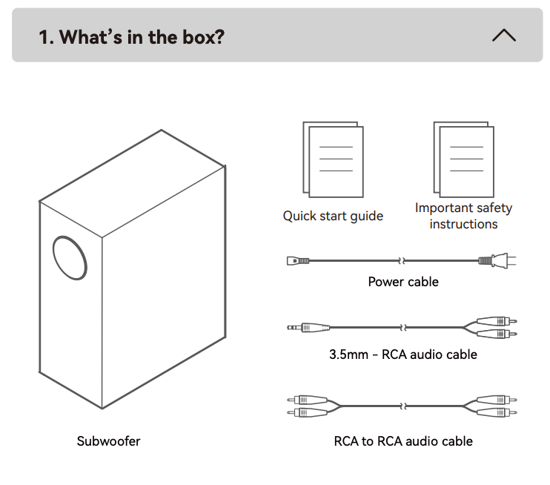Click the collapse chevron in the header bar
pyautogui.click(x=503, y=35)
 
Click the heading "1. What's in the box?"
pyautogui.click(x=131, y=36)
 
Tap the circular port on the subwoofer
pyautogui.click(x=71, y=257)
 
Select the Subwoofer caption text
pyautogui.click(x=108, y=441)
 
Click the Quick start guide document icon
pyautogui.click(x=333, y=159)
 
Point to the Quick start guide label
pyautogui.click(x=333, y=216)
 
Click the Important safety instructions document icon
pyautogui.click(x=463, y=159)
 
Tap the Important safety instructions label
pyautogui.click(x=463, y=216)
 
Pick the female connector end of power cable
pyautogui.click(x=296, y=260)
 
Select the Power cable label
pyautogui.click(x=403, y=282)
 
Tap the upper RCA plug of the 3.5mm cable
pyautogui.click(x=497, y=321)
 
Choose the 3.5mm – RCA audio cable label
pyautogui.click(x=403, y=354)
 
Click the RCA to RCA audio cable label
pyautogui.click(x=403, y=441)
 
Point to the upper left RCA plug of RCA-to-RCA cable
pyautogui.click(x=307, y=400)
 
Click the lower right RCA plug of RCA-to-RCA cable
pyautogui.click(x=497, y=412)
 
